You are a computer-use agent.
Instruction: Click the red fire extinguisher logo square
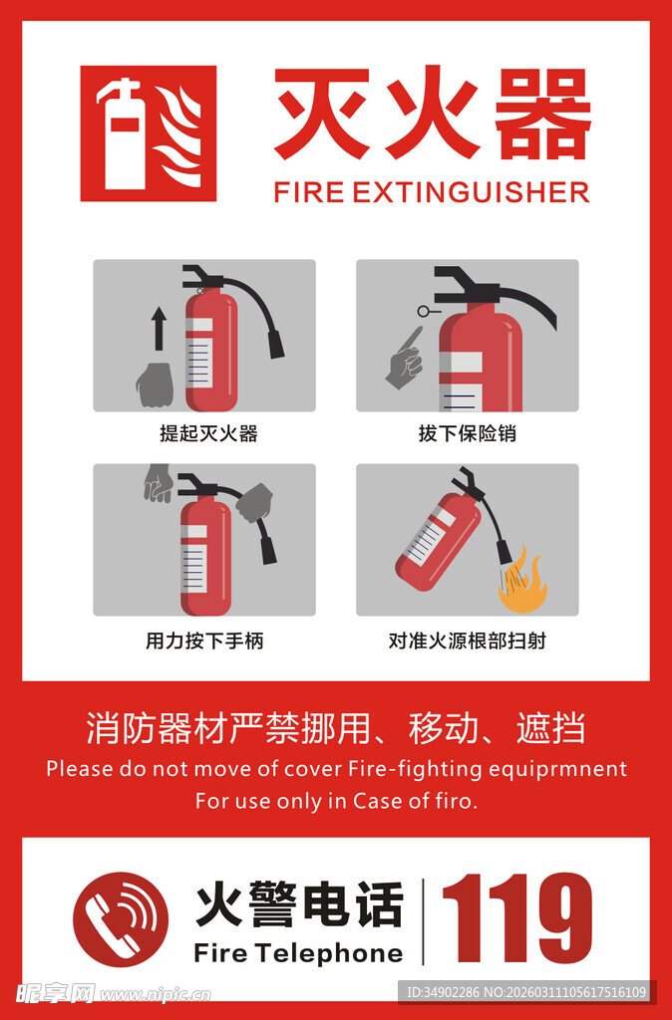pyautogui.click(x=148, y=133)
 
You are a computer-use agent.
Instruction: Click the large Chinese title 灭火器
pyautogui.click(x=432, y=114)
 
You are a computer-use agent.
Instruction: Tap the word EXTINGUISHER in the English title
pyautogui.click(x=471, y=192)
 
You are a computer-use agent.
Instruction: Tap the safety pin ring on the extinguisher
pyautogui.click(x=424, y=312)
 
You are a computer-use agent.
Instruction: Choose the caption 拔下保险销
pyautogui.click(x=467, y=433)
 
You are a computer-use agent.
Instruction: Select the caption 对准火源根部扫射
pyautogui.click(x=467, y=640)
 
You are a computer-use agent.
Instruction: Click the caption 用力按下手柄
pyautogui.click(x=204, y=640)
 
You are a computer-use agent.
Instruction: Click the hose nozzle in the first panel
pyautogui.click(x=275, y=344)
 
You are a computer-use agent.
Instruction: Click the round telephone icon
pyautogui.click(x=121, y=919)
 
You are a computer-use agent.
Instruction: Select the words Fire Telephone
pyautogui.click(x=298, y=953)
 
